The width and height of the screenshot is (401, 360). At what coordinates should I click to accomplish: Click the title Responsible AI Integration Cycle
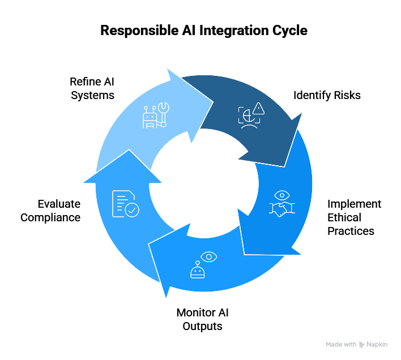(x=204, y=31)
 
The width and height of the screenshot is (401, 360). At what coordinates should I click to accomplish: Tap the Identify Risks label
(x=327, y=95)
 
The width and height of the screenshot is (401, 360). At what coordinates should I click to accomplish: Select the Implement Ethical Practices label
(x=355, y=217)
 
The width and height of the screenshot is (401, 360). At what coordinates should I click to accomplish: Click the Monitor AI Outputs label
(x=202, y=319)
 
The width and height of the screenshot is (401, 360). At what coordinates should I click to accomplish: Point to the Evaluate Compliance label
(x=50, y=211)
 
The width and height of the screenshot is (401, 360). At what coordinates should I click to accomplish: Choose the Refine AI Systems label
(x=92, y=88)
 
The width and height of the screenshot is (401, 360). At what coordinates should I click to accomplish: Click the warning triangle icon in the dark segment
(x=259, y=108)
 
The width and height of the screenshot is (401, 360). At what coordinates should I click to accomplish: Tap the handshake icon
(x=281, y=209)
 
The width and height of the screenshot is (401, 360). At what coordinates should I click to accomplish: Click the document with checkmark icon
(x=125, y=204)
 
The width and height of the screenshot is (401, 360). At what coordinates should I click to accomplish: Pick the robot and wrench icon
(x=155, y=115)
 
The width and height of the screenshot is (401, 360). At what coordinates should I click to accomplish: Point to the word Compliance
(x=50, y=217)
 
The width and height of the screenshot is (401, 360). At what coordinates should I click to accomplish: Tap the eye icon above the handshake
(x=281, y=195)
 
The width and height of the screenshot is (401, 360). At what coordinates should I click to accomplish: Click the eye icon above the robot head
(x=209, y=258)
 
